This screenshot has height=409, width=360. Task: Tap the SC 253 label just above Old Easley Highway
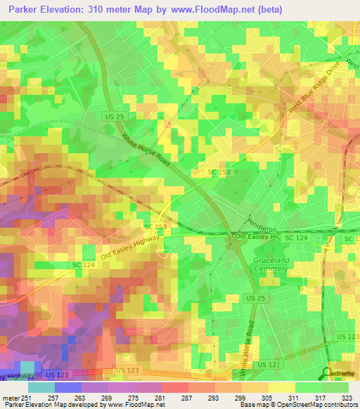point(155,227)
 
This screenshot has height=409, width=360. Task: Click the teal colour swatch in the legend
point(41,387)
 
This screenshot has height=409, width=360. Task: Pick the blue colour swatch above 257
point(67,387)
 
